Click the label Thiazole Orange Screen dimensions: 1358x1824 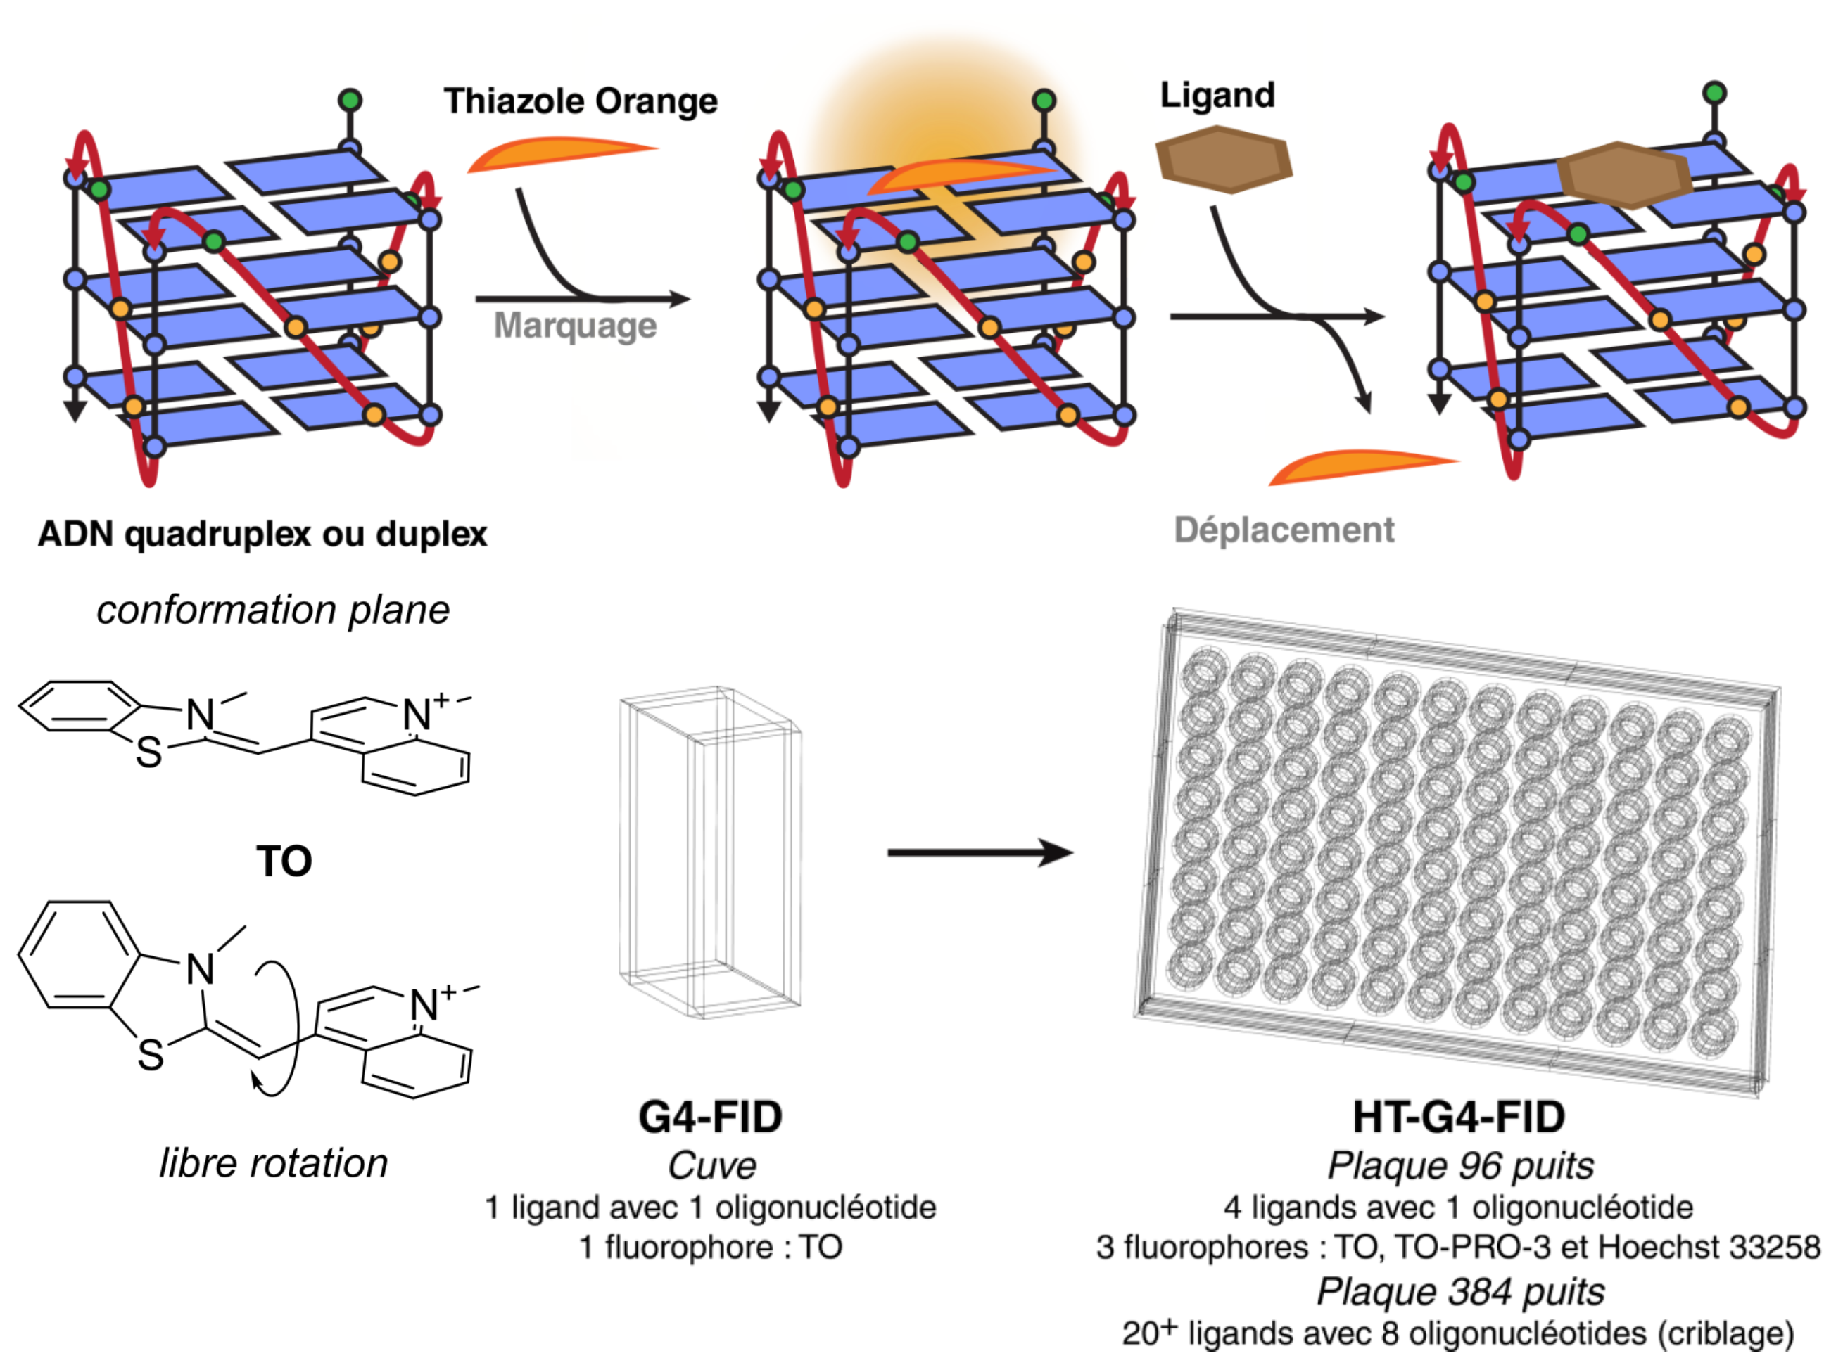click(x=581, y=101)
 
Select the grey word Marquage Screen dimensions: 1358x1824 click(x=575, y=326)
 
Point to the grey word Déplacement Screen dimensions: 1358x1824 click(x=1284, y=530)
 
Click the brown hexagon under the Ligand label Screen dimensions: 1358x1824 click(x=1224, y=160)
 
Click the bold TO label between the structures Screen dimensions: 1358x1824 click(x=284, y=861)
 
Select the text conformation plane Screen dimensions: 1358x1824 click(x=273, y=610)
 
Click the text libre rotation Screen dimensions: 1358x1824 click(x=273, y=1163)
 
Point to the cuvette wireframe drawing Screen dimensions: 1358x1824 click(x=709, y=851)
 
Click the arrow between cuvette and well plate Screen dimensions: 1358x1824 click(x=979, y=852)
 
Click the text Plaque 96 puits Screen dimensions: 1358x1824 click(x=1460, y=1165)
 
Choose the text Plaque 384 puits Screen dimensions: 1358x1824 click(x=1460, y=1291)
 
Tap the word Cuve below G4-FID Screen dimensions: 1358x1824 click(x=711, y=1165)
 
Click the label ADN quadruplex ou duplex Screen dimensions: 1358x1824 click(x=262, y=534)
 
